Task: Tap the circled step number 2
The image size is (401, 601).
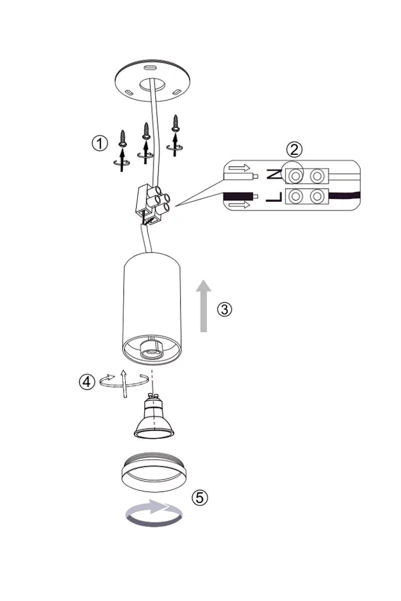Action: tap(294, 150)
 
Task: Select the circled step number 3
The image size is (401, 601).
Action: tap(224, 310)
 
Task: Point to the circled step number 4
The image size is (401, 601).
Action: tap(87, 382)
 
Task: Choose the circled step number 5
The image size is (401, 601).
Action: tap(200, 498)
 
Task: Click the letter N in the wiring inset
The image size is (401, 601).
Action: tap(274, 175)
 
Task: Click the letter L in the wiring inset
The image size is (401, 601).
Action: tap(274, 197)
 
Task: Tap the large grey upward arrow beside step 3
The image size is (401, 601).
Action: tap(204, 306)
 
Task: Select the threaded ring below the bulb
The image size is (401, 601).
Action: tap(154, 472)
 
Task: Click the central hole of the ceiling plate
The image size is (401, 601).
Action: tap(152, 85)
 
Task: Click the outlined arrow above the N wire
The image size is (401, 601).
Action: tap(239, 168)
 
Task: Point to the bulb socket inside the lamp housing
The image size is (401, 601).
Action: tap(151, 351)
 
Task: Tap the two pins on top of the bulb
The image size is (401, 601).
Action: tap(152, 396)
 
